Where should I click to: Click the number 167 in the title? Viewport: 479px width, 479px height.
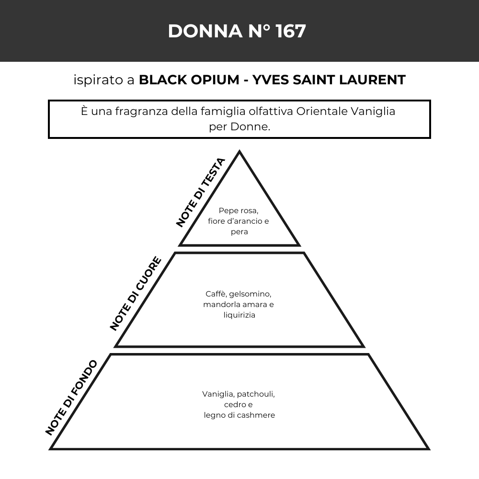coord(291,31)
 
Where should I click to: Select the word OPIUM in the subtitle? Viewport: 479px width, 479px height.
coord(215,80)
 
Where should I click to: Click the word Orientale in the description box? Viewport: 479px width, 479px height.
coord(322,111)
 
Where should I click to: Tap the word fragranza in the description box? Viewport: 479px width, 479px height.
coord(141,112)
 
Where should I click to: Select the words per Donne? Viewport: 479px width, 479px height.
coord(239,127)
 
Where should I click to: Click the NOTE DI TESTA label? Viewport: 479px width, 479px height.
coord(201,193)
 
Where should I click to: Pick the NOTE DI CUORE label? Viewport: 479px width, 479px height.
coord(136,294)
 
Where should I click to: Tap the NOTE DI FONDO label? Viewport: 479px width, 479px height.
coord(71,398)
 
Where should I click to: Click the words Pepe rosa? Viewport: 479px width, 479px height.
coord(239,211)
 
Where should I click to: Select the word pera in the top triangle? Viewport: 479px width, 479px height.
coord(239,232)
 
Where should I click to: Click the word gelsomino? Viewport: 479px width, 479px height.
coord(250,294)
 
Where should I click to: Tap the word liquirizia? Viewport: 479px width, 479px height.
coord(239,315)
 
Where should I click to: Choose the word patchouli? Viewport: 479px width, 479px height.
coord(256,394)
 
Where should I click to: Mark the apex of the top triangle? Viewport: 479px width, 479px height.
coord(239,151)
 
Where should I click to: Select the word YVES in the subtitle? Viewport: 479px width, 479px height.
coord(271,80)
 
